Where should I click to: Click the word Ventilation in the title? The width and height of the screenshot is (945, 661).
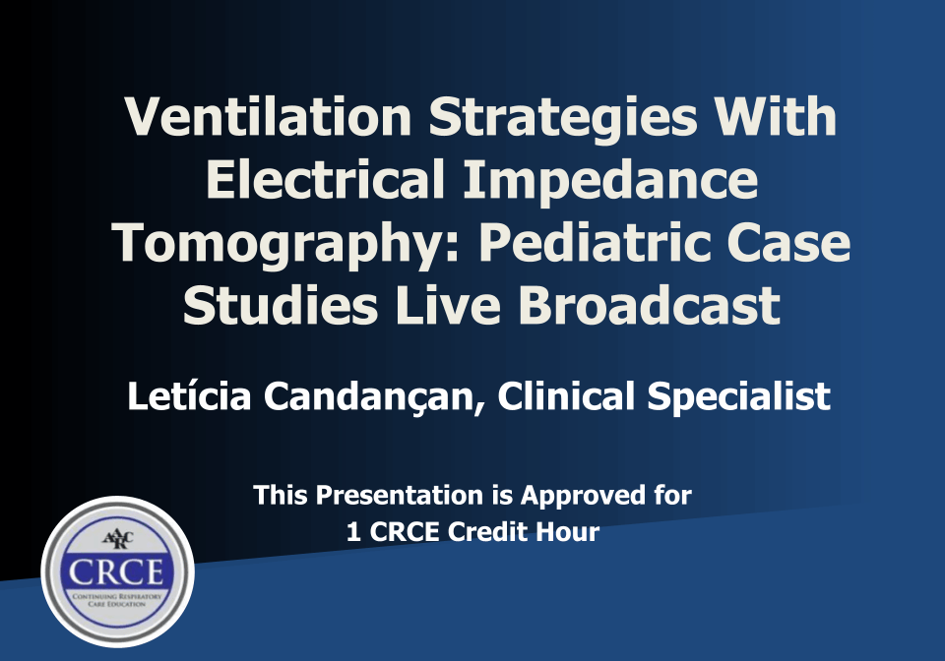coord(268,116)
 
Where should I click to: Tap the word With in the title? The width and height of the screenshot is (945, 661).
coord(775,116)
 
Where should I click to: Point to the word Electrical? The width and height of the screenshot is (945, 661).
coord(326,179)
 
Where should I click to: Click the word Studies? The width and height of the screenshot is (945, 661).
coord(281,305)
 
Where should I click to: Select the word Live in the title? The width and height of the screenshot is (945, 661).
coord(448,305)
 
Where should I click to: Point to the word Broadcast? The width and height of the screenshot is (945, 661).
coord(649,305)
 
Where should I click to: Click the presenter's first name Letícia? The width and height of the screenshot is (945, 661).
coord(189,396)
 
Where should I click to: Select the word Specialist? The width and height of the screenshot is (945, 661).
coord(739,398)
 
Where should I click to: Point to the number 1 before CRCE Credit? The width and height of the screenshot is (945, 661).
coord(353,532)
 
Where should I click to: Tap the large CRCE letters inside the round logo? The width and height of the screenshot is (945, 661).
coord(116,572)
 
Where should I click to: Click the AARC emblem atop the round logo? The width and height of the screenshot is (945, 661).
coord(118,539)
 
